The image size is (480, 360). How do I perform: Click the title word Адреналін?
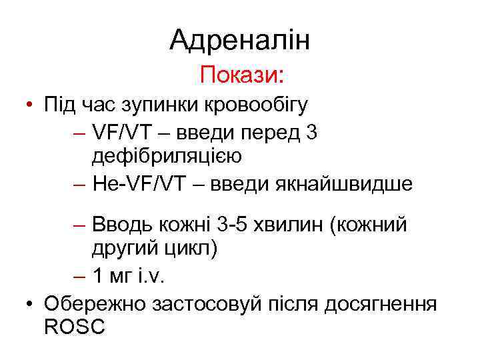(x=240, y=41)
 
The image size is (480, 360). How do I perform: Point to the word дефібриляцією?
(x=167, y=156)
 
